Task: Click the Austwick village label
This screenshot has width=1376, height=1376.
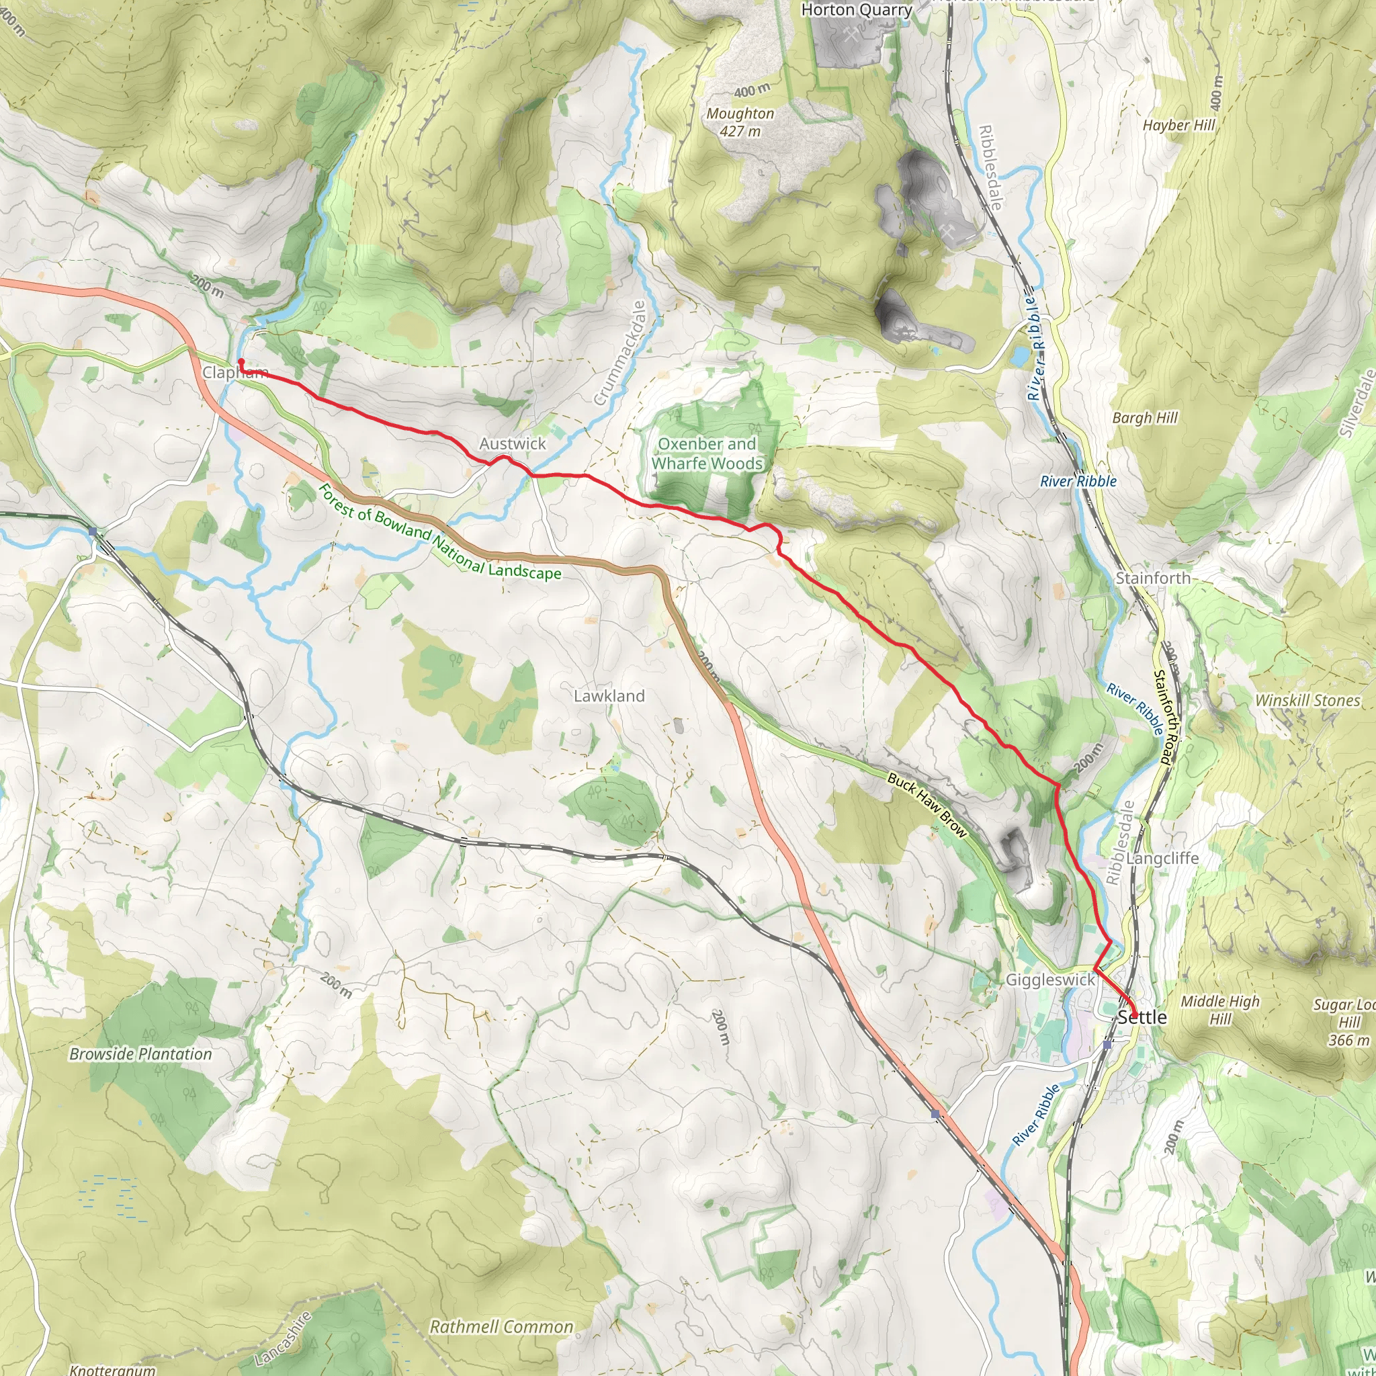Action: (x=512, y=443)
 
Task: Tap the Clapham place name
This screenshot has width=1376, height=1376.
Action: (x=235, y=372)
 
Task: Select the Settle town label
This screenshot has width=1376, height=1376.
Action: (x=1142, y=1017)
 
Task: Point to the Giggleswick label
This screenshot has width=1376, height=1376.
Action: (x=1050, y=980)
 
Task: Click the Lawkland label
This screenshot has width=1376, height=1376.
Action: (x=609, y=696)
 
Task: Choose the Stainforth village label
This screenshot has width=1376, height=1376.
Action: (x=1152, y=578)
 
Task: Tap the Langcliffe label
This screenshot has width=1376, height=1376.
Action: (x=1162, y=858)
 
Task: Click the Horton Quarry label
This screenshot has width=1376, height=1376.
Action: (x=857, y=10)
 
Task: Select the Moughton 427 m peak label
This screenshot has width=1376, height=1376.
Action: (x=740, y=122)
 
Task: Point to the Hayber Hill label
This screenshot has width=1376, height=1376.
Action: (x=1178, y=126)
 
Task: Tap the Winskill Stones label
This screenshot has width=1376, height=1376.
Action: (x=1307, y=700)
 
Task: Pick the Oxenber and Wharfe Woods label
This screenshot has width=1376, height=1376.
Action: (x=707, y=454)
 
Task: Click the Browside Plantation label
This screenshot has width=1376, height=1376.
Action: (x=140, y=1054)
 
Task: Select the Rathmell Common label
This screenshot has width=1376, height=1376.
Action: (x=501, y=1327)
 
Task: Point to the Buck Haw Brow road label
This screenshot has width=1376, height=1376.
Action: (x=927, y=806)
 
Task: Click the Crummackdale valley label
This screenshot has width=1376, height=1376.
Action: (x=619, y=353)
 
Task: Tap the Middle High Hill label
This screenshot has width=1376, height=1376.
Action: (x=1220, y=1010)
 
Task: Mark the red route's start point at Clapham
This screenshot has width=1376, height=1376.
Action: (x=241, y=363)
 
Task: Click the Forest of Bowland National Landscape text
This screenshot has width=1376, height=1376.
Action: (x=439, y=532)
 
